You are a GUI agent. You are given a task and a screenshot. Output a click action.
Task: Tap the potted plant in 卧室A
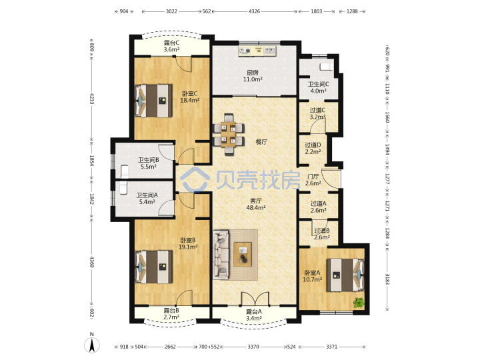(x=359, y=303)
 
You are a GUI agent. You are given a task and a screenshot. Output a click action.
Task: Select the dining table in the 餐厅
(x=229, y=134)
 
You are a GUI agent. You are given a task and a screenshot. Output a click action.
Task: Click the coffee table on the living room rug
(x=243, y=254)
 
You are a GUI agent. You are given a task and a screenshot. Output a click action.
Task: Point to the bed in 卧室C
(x=154, y=101)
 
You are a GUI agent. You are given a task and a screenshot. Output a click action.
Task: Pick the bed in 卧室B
(x=154, y=267)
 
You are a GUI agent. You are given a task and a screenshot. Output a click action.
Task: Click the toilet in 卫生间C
(x=326, y=67)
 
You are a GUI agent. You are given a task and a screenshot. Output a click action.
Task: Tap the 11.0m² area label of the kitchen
(x=253, y=79)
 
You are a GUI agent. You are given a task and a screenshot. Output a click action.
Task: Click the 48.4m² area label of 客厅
(x=256, y=207)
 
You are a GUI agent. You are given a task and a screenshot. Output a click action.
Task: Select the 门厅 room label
(x=313, y=177)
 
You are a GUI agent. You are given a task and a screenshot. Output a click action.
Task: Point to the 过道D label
(x=313, y=145)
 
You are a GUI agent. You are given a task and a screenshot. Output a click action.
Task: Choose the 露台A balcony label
(x=254, y=312)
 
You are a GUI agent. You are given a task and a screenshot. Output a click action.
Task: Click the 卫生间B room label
(x=149, y=160)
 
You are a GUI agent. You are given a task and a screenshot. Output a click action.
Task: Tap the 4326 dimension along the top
(x=254, y=11)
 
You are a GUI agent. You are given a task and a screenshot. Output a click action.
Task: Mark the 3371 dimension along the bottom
(x=331, y=347)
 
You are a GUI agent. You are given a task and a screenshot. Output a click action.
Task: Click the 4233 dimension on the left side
(x=91, y=98)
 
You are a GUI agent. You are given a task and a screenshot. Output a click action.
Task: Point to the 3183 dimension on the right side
(x=387, y=279)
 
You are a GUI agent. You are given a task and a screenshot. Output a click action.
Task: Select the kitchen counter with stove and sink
(x=257, y=51)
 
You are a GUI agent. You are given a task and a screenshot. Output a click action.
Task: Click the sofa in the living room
(x=221, y=255)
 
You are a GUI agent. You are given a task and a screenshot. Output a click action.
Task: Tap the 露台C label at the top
(x=171, y=43)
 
